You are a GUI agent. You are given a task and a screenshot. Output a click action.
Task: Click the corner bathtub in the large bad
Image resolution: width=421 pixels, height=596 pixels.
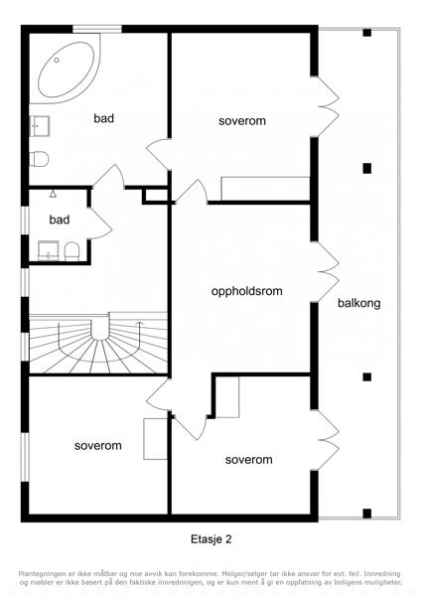click(65, 69)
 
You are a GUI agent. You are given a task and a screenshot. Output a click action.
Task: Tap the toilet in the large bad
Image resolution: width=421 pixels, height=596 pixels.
click(39, 159)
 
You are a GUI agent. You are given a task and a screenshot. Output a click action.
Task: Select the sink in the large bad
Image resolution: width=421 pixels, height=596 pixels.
click(40, 126)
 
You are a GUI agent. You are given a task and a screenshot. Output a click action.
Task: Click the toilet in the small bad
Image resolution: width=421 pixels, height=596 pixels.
click(71, 251)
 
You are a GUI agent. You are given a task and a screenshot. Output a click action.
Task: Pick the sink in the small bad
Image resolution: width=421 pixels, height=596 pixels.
click(49, 251)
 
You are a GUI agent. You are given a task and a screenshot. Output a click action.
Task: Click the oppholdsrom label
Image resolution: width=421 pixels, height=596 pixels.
click(247, 291)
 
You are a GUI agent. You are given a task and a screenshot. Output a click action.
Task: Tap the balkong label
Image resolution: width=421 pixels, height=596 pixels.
click(359, 303)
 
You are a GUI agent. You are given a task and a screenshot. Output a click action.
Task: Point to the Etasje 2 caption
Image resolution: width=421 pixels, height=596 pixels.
click(210, 539)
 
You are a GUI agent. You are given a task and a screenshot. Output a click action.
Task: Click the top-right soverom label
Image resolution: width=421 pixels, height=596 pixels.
click(242, 121)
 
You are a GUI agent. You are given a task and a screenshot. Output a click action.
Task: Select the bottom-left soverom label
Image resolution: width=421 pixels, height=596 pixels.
click(98, 445)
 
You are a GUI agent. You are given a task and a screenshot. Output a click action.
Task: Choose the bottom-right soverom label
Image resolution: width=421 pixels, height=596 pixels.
click(249, 460)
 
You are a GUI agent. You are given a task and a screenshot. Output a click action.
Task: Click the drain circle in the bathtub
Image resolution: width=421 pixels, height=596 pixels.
click(57, 60)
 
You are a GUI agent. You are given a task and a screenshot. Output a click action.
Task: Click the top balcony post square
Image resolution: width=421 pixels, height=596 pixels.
click(367, 33)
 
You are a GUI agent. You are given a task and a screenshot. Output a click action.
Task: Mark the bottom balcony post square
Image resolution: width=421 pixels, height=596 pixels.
click(367, 514)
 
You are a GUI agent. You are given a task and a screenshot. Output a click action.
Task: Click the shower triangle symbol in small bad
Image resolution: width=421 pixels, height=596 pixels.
click(54, 194)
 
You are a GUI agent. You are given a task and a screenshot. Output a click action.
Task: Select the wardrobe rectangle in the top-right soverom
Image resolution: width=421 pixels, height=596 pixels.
click(265, 189)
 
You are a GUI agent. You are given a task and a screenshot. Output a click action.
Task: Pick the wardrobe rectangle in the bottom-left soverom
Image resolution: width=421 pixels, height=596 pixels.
click(156, 439)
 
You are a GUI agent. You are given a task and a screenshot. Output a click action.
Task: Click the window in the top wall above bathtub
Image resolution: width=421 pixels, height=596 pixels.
click(97, 29)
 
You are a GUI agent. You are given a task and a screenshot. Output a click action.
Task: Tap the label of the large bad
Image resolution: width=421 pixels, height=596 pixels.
click(103, 118)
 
